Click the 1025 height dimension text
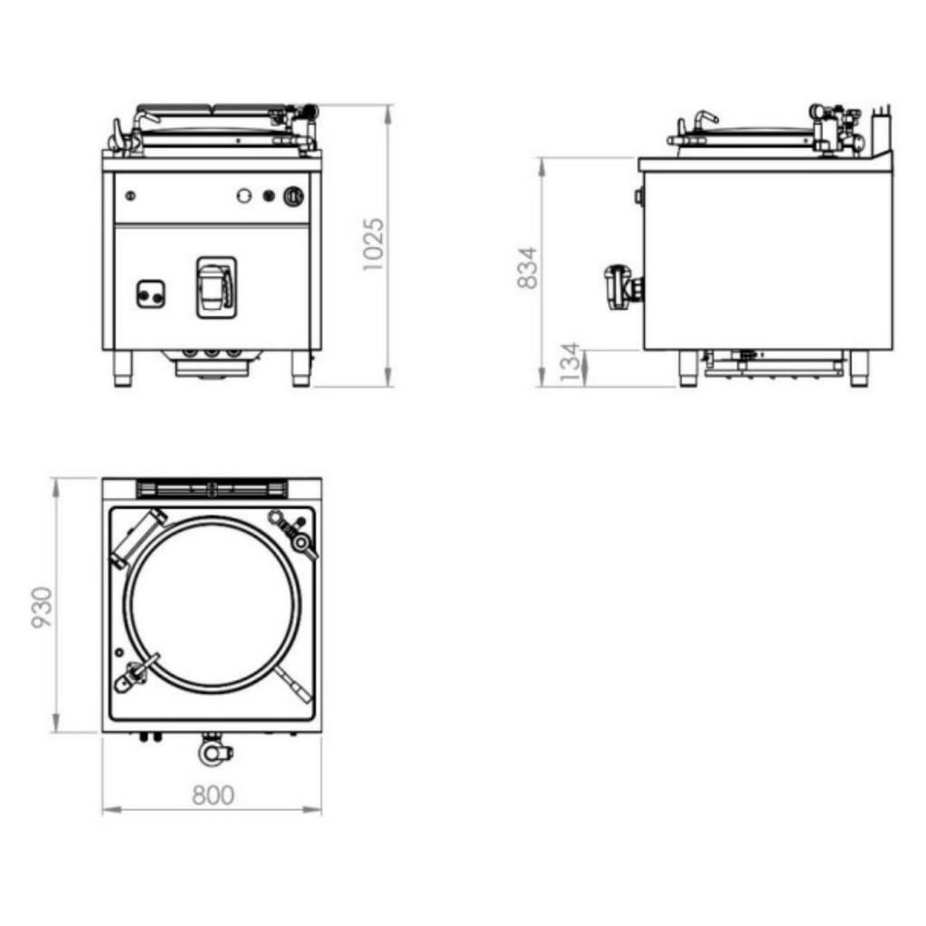pyautogui.click(x=373, y=244)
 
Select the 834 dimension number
pyautogui.click(x=527, y=268)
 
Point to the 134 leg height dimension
pyautogui.click(x=571, y=362)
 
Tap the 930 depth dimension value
pyautogui.click(x=42, y=608)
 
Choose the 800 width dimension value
pyautogui.click(x=213, y=795)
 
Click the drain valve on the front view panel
pyautogui.click(x=216, y=288)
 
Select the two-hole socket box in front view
pyautogui.click(x=150, y=294)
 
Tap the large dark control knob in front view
pyautogui.click(x=294, y=196)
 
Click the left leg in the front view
pyautogui.click(x=123, y=369)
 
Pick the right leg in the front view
pyautogui.click(x=300, y=369)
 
